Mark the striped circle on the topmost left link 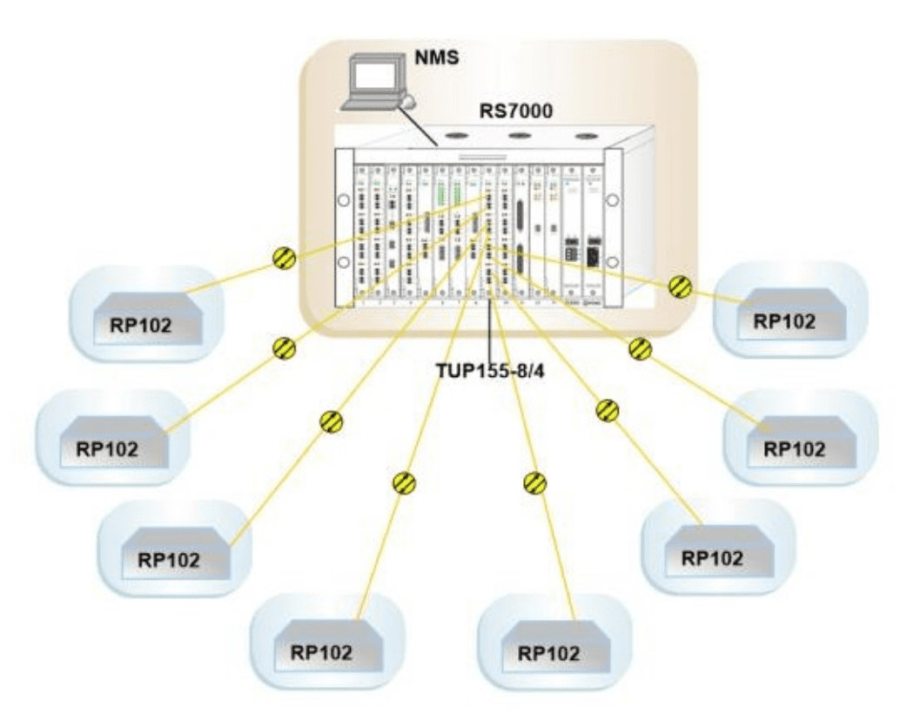point(285,259)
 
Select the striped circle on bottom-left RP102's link point(404,483)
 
